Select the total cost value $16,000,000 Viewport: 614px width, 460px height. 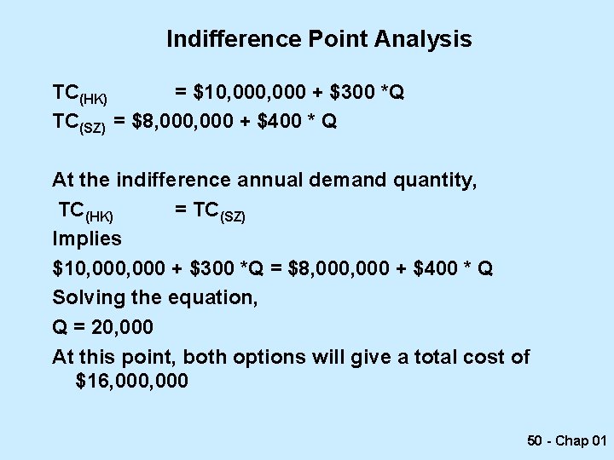pyautogui.click(x=132, y=381)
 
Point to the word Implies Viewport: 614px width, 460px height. pyautogui.click(x=87, y=239)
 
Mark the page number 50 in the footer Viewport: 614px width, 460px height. pyautogui.click(x=536, y=440)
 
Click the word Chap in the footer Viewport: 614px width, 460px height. pyautogui.click(x=571, y=440)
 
